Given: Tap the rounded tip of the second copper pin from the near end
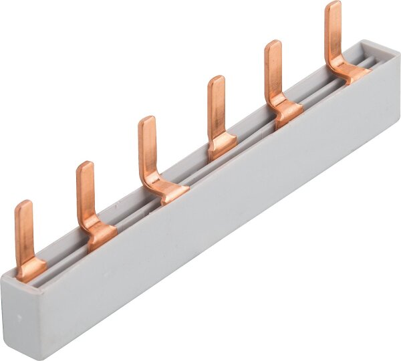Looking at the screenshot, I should coord(85,166).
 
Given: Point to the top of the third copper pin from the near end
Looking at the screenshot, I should coord(147,121).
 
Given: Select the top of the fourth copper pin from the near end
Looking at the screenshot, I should coord(216,80).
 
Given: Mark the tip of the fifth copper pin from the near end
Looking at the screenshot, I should coord(273,45).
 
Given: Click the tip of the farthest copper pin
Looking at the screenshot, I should coord(333,6).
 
